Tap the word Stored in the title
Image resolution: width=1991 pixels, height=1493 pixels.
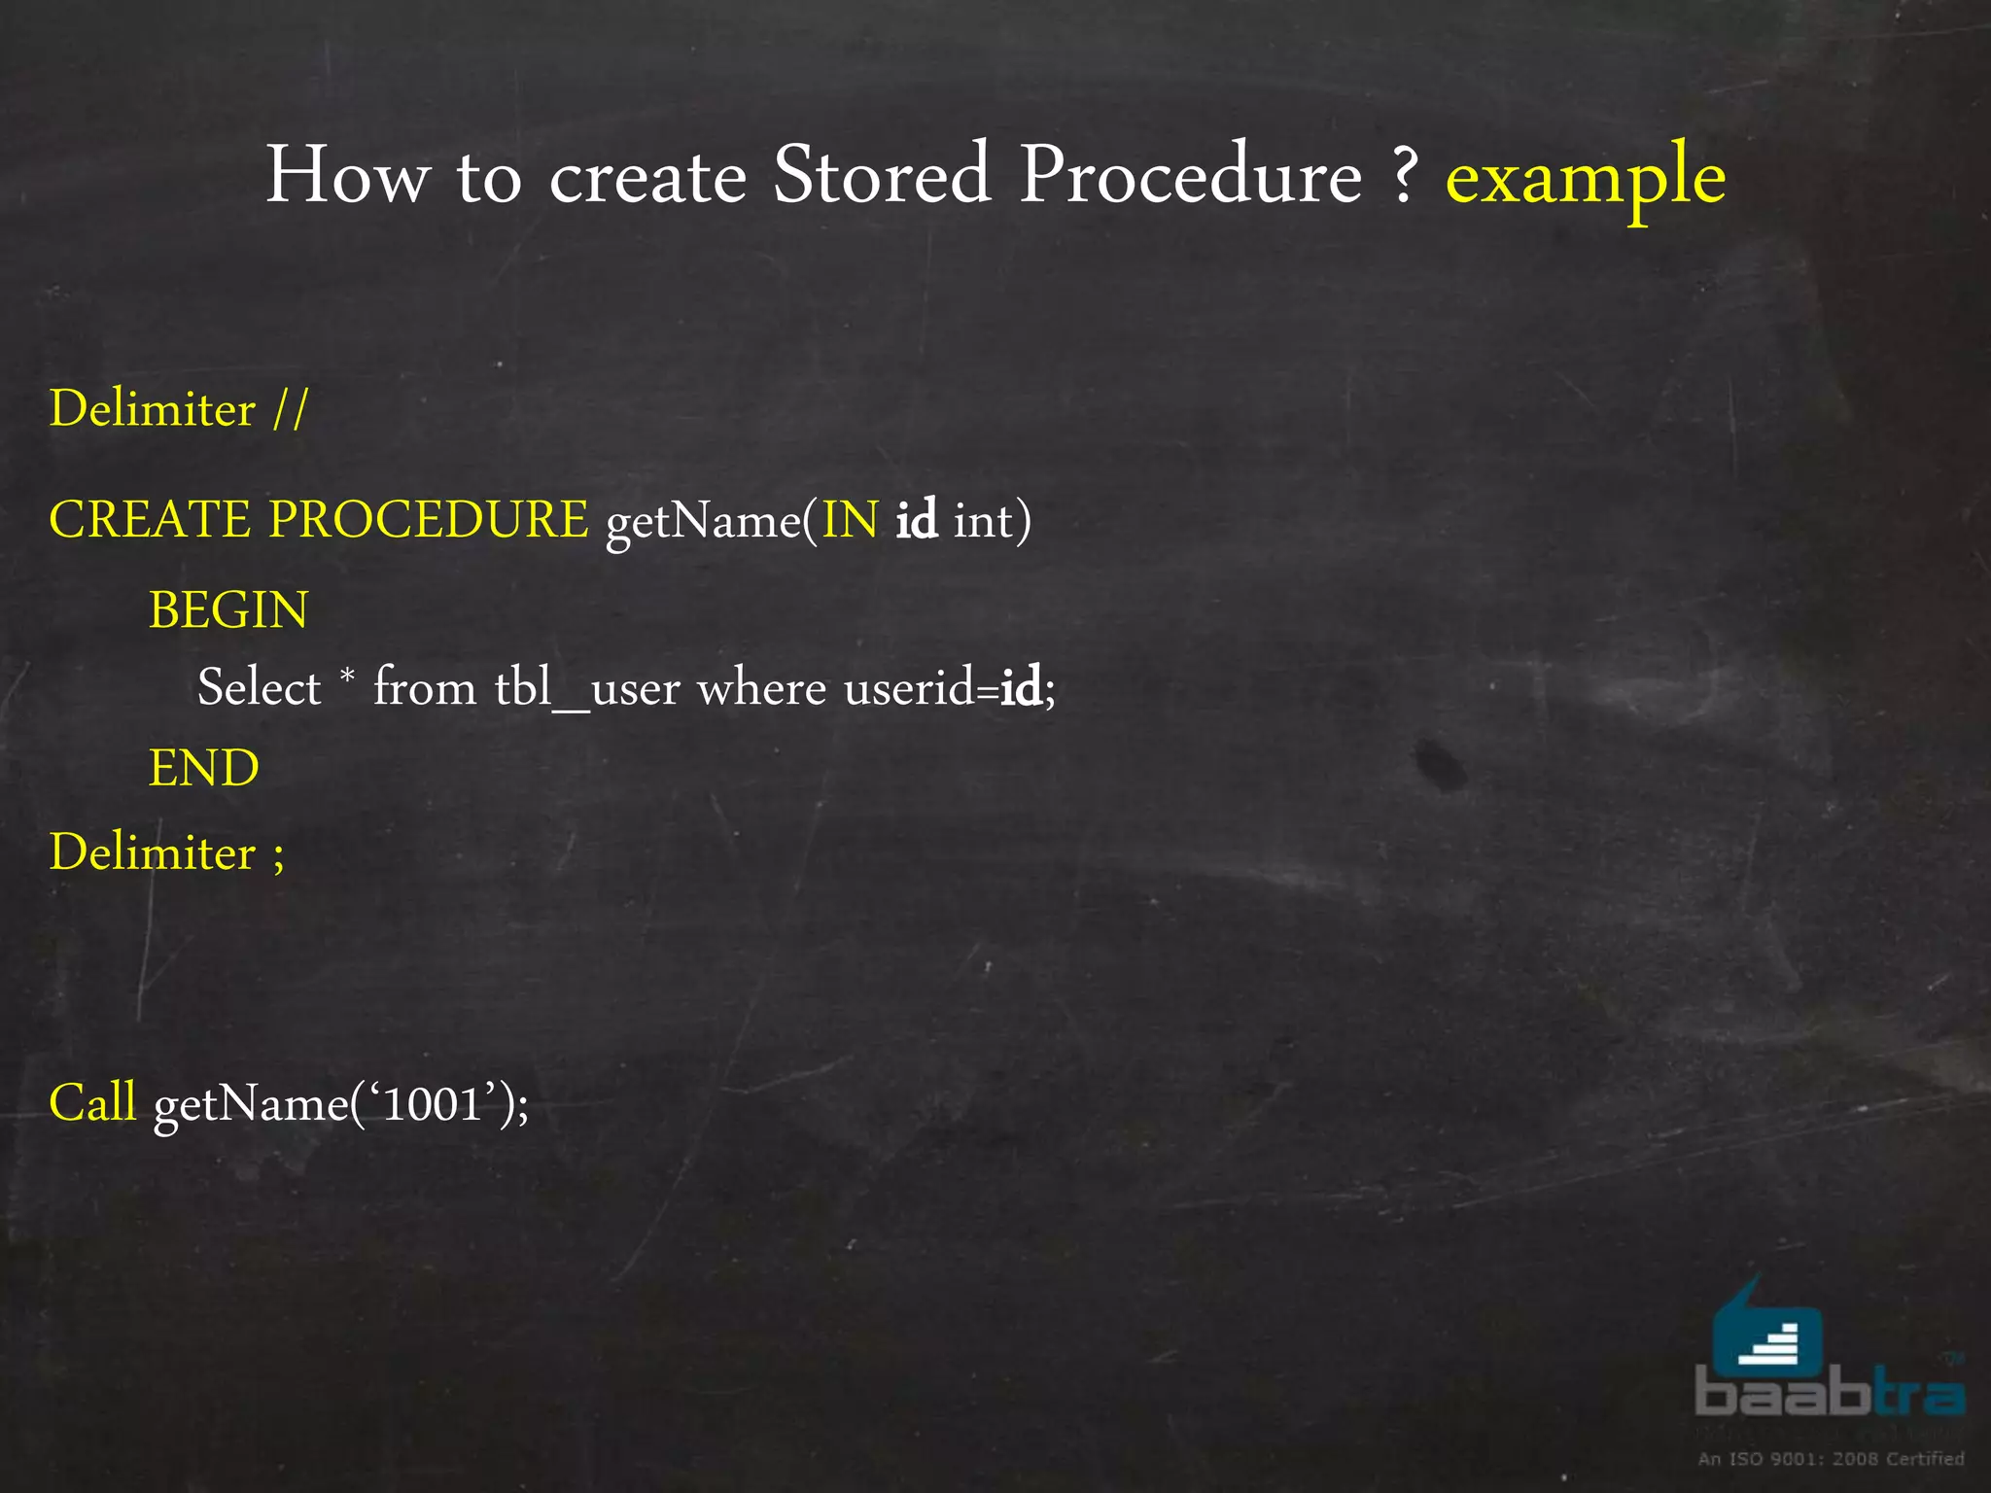[x=881, y=175]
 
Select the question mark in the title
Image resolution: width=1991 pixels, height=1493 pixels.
[x=1403, y=177]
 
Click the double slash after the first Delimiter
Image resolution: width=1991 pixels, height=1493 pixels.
[x=290, y=409]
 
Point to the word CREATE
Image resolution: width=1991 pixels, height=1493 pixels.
[x=150, y=519]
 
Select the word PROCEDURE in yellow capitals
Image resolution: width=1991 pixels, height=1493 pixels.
[x=429, y=519]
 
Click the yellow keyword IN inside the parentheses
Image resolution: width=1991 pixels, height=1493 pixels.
[x=851, y=520]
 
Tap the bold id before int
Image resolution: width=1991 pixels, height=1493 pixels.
[x=916, y=519]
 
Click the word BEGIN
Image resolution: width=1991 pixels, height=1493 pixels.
[x=228, y=610]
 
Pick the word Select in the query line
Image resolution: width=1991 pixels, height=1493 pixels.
[x=259, y=688]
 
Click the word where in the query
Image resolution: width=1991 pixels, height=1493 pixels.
[x=761, y=688]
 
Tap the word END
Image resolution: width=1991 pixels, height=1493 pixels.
[x=204, y=768]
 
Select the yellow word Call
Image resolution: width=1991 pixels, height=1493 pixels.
[x=93, y=1102]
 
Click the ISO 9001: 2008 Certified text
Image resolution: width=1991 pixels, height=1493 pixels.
[x=1831, y=1458]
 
